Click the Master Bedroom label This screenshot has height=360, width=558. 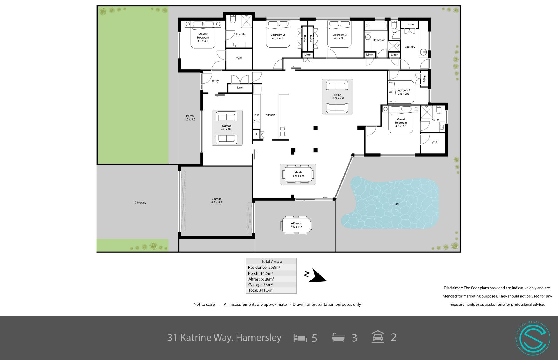coord(203,37)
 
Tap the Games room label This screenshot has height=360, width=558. coord(227,128)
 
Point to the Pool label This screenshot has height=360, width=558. coord(396,204)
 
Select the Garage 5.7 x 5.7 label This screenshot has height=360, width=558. coord(217,201)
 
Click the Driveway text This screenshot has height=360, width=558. coord(140,203)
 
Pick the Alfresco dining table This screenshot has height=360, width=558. coord(296,225)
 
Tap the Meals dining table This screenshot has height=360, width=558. coord(298,174)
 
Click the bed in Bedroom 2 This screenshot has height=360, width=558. coord(278,34)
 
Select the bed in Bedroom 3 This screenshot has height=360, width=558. coord(339,34)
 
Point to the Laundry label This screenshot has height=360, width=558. coord(410,47)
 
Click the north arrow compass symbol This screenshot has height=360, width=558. coord(316,276)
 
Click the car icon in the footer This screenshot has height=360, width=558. coord(378,337)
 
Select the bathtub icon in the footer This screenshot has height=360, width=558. coord(338,337)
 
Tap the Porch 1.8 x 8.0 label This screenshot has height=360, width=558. coord(190,118)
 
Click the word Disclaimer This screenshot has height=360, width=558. coord(453,288)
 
